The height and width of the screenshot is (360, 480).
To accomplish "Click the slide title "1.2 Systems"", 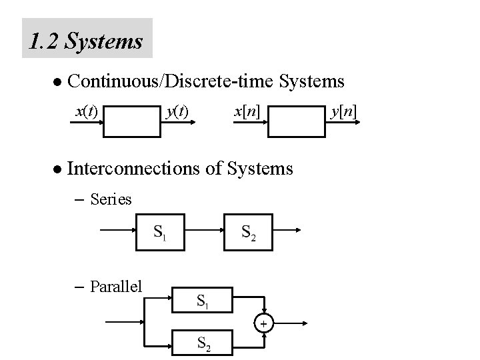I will [87, 41].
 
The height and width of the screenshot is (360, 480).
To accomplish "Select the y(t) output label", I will [177, 109].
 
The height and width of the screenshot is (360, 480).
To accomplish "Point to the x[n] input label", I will [247, 109].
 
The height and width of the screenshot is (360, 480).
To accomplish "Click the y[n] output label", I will [344, 109].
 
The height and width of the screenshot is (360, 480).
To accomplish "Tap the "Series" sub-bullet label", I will [111, 199].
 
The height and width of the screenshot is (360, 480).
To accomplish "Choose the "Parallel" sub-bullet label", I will [115, 287].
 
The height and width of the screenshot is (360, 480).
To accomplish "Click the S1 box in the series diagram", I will [160, 232].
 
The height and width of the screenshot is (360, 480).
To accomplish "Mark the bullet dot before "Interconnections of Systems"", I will [57, 169].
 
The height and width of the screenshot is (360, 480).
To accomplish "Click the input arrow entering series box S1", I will [117, 232].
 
